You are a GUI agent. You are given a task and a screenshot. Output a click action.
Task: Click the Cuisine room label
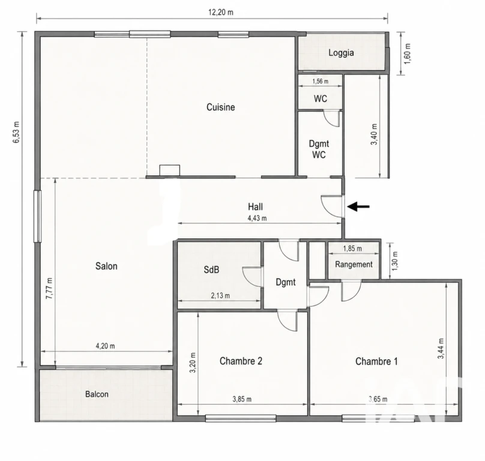point(220,107)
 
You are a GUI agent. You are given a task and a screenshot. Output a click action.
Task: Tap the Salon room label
point(106,266)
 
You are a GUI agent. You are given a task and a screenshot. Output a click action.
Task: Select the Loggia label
point(341,53)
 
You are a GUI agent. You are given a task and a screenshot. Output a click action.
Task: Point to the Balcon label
point(97,394)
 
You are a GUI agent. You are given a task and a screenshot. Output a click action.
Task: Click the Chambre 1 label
point(376,361)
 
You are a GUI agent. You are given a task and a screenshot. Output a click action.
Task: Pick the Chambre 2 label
point(241,361)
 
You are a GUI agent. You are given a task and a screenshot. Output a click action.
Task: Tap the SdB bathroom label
point(211,270)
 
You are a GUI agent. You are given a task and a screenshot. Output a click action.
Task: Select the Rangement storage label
point(354,265)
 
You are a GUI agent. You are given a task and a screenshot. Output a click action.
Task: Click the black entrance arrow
point(358,206)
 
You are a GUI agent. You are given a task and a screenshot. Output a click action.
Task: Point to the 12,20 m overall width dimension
point(221,13)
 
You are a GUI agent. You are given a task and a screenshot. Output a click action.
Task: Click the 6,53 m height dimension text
point(16,132)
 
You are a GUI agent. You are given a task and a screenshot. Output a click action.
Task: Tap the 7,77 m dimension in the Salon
point(49,288)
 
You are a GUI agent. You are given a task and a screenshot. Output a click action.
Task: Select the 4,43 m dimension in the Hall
point(257,218)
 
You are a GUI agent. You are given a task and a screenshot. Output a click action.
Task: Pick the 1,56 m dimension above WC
point(321,82)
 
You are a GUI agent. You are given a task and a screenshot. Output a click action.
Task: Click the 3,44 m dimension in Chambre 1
point(441,348)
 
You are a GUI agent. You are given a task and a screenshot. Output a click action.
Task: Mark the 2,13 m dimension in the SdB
point(220,296)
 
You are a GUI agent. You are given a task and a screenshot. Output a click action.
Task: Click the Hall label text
point(256,206)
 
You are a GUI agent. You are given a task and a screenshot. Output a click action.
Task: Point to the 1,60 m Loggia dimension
point(408,54)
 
